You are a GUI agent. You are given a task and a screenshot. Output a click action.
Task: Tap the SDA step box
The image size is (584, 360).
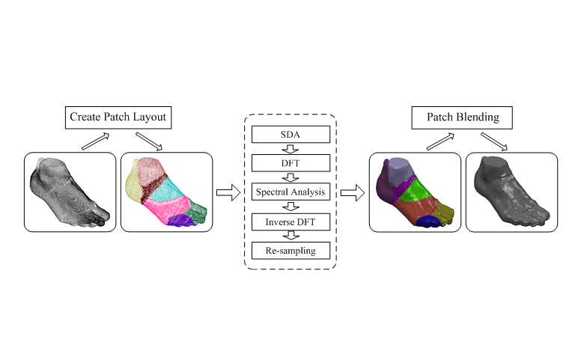point(291,135)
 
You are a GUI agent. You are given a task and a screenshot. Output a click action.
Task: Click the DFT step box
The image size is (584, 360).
point(291,163)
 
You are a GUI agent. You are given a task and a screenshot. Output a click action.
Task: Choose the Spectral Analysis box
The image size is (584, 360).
point(291,192)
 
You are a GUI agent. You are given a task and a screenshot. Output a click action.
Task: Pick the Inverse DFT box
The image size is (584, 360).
point(291,221)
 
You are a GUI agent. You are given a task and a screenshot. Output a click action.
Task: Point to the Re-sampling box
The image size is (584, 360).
point(291,249)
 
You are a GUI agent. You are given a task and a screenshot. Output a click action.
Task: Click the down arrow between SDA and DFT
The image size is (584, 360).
point(291,149)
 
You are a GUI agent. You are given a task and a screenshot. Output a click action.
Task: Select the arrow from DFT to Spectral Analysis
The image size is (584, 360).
point(291,177)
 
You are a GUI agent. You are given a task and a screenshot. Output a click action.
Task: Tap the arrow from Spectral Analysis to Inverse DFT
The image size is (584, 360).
point(291,207)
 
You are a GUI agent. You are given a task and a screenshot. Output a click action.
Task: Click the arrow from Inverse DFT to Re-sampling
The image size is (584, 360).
point(291,235)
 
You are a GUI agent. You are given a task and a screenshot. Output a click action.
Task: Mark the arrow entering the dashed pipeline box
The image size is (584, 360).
point(228,193)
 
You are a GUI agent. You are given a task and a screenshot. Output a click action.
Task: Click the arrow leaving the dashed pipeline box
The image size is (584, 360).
point(352,193)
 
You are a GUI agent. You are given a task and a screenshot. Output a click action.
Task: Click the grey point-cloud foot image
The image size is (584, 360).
point(69,193)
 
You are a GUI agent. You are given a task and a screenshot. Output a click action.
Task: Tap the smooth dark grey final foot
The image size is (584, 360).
point(511,193)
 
